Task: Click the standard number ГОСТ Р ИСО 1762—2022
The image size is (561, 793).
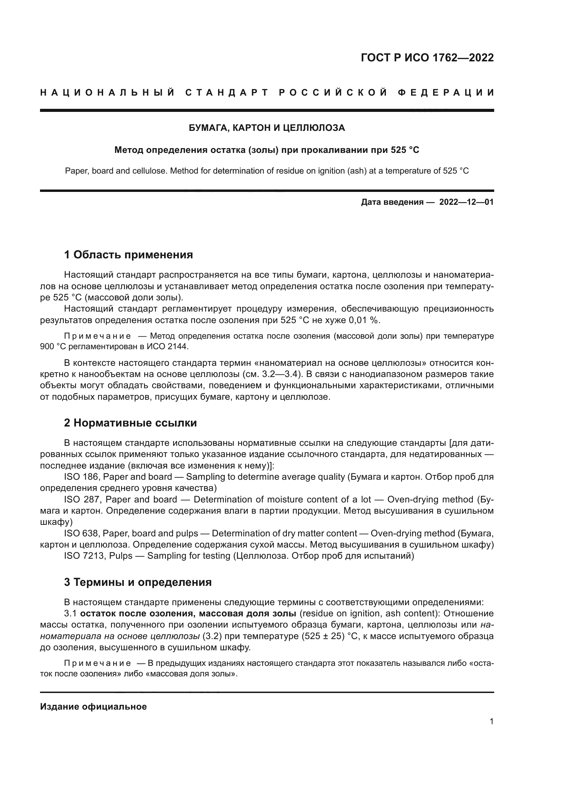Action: tap(427, 58)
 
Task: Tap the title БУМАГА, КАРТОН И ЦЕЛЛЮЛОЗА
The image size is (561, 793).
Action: tap(267, 128)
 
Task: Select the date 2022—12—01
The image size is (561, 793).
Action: tap(466, 202)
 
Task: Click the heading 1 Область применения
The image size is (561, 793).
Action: tap(128, 255)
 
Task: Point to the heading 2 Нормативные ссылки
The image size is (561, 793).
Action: tap(130, 423)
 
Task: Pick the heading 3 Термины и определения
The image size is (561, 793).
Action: tap(137, 582)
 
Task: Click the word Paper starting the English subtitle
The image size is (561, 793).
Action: tap(75, 171)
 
